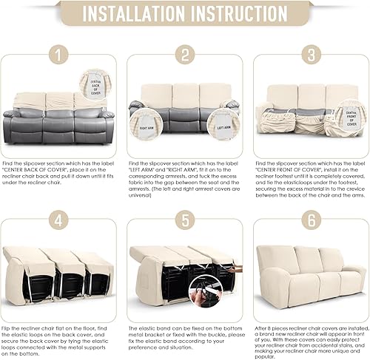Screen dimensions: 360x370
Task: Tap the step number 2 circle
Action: coord(185,55)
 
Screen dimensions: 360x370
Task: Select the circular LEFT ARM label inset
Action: coord(148,123)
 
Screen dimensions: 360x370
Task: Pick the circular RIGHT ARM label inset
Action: coord(221,123)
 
